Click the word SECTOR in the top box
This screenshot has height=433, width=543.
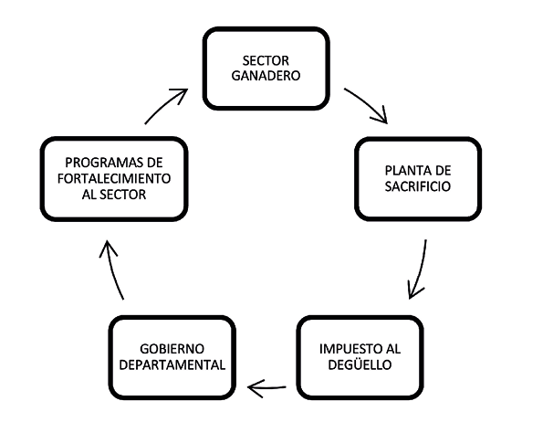[x=266, y=60]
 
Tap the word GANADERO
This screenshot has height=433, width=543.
[x=266, y=76]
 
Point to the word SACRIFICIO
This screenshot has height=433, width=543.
[x=418, y=186]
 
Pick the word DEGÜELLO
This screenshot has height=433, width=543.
[x=360, y=364]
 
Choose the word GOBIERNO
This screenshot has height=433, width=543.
[x=172, y=349]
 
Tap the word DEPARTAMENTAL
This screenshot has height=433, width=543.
[x=172, y=364]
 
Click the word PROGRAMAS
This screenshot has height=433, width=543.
[x=104, y=163]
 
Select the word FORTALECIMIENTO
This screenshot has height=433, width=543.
[x=114, y=178]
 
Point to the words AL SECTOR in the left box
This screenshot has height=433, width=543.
[x=114, y=195]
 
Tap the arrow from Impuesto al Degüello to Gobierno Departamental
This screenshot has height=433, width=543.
[x=266, y=388]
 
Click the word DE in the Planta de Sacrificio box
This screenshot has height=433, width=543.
[x=443, y=171]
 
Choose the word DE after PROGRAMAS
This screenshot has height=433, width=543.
[x=154, y=163]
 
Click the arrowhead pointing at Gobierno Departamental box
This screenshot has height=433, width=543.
[x=255, y=388]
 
